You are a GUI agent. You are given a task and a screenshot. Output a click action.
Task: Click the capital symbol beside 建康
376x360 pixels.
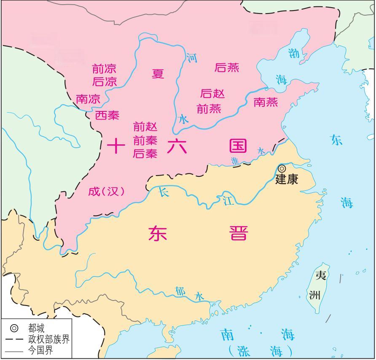(x=282, y=168)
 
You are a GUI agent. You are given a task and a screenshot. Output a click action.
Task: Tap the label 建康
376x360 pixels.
(x=287, y=179)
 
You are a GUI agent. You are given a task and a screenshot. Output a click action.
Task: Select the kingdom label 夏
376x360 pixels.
(x=158, y=74)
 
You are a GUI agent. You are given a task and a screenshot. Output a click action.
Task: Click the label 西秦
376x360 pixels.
(x=107, y=115)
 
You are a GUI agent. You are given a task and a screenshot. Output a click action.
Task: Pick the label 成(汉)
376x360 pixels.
(x=107, y=191)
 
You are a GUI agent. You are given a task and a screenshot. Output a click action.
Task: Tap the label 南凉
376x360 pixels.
(x=88, y=99)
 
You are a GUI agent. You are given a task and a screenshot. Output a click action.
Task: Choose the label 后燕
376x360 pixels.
(x=227, y=68)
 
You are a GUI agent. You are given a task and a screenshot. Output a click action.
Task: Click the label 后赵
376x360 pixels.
(x=212, y=93)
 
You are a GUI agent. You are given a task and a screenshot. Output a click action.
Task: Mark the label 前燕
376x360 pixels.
(x=209, y=108)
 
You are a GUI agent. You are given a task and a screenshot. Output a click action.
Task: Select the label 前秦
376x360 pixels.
(x=145, y=140)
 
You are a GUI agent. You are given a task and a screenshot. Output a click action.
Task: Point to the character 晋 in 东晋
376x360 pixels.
(x=239, y=233)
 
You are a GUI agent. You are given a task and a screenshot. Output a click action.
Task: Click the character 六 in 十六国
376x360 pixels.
(x=176, y=146)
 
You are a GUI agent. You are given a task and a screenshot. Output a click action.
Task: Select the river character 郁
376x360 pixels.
(x=180, y=291)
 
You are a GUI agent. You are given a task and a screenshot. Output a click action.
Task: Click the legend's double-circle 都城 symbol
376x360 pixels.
(x=14, y=328)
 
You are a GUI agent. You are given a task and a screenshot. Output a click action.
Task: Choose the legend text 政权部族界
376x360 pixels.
(x=49, y=339)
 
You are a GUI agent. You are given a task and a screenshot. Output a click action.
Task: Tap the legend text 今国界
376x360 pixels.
(x=40, y=350)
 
